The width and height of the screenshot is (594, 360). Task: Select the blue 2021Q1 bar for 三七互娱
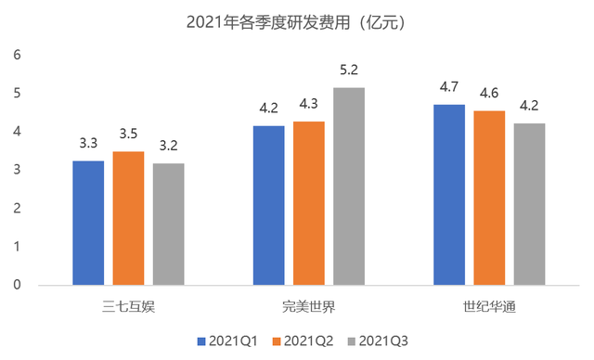(89, 223)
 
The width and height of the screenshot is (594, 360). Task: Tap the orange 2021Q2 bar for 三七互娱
(129, 218)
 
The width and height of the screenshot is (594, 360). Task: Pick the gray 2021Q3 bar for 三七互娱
(169, 224)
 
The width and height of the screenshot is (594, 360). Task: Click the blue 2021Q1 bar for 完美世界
(270, 205)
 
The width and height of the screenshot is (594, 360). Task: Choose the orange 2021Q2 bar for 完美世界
(310, 203)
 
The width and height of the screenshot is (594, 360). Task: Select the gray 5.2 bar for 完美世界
(350, 186)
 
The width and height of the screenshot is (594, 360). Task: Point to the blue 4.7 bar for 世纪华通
(450, 195)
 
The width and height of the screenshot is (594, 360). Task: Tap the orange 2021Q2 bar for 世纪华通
(490, 198)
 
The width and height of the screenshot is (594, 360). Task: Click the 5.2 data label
(350, 71)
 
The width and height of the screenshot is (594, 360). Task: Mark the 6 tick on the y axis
(17, 56)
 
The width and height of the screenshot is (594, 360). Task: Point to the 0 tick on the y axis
(17, 286)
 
